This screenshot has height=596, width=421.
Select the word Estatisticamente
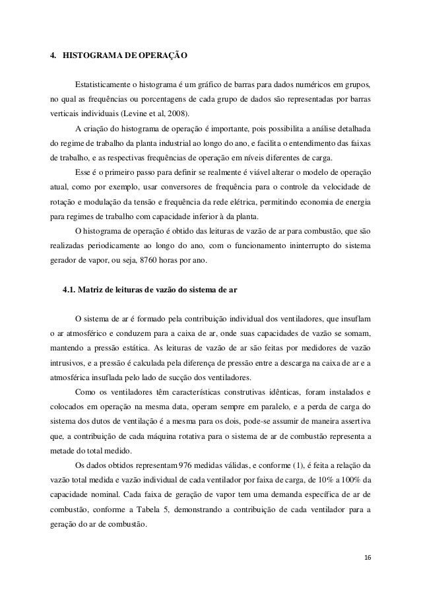(x=106, y=86)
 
